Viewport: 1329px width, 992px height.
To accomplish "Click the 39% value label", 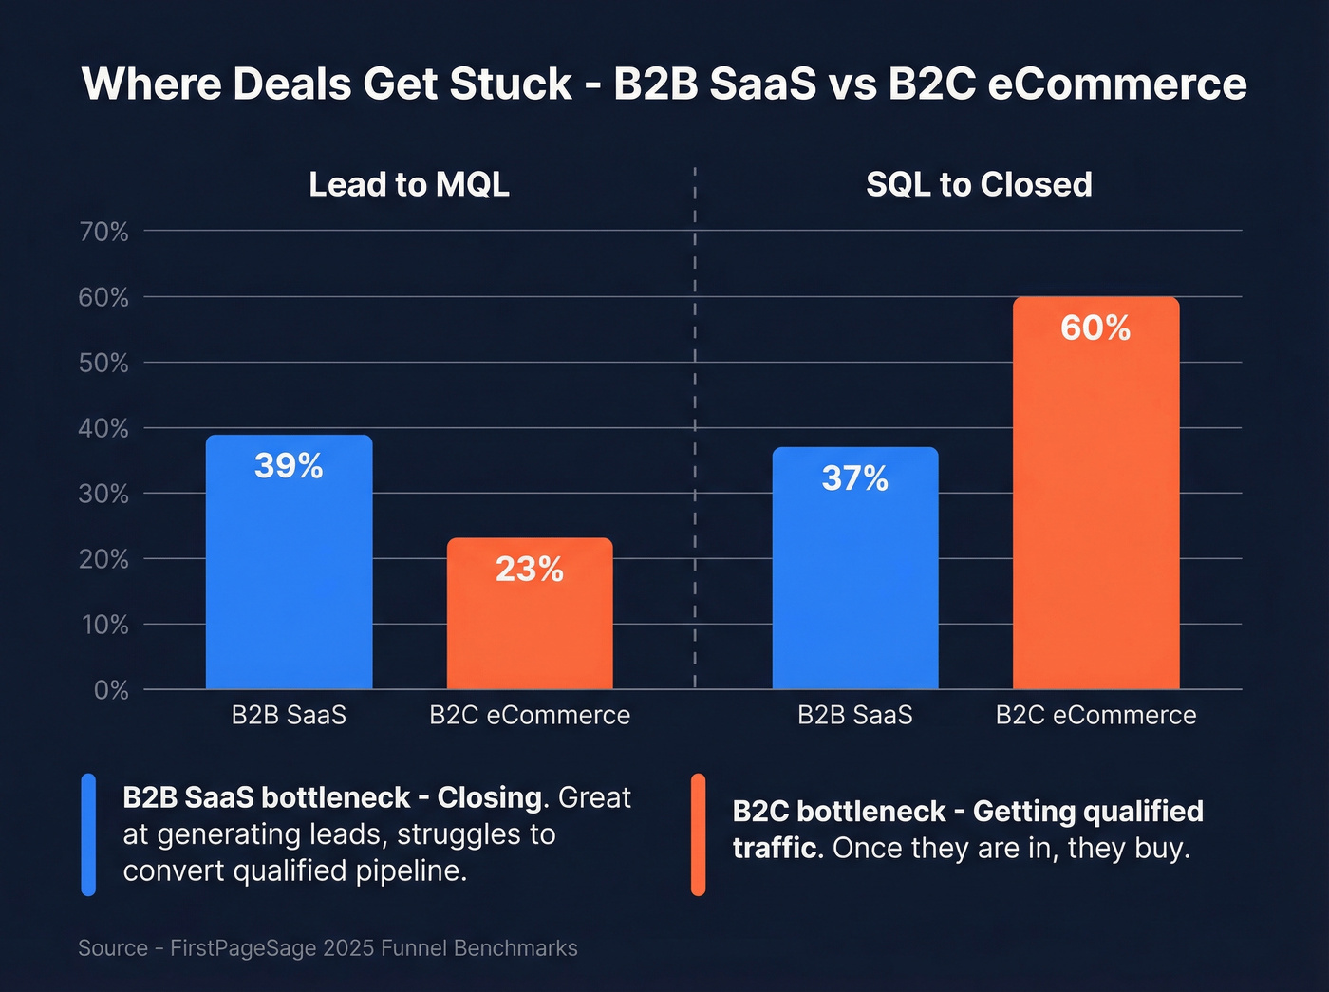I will coord(289,466).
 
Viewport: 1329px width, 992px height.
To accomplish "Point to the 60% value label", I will coord(1095,328).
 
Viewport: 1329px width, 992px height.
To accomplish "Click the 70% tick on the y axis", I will coord(103,232).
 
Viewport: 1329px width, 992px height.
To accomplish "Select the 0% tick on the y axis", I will coord(111,690).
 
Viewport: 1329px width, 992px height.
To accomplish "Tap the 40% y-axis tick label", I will coord(103,428).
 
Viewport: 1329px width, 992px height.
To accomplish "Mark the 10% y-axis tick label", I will coord(103,625).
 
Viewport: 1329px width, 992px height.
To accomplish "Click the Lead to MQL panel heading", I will coord(409,184).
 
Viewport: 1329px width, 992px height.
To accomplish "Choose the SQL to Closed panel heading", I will coord(979,184).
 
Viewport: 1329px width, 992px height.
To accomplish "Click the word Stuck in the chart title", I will coord(511,84).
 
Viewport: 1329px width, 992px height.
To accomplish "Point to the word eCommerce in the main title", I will coord(1117,84).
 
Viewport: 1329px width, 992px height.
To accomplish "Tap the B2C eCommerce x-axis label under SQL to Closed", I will coord(1095,715).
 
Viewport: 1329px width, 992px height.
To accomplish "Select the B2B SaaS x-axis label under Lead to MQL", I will coord(289,715).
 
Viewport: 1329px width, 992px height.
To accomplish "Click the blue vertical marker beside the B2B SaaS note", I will coord(88,834).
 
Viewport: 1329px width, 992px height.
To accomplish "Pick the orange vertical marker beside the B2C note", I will coord(698,834).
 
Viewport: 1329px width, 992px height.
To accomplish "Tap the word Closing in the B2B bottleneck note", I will coord(490,797).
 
